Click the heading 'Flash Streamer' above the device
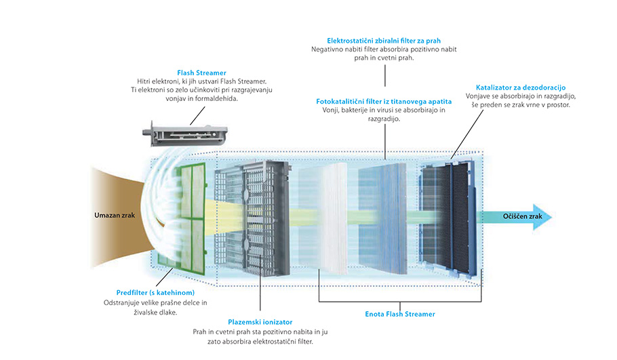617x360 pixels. click(201, 73)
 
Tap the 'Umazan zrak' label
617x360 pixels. click(115, 216)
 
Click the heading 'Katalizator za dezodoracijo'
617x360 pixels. click(521, 87)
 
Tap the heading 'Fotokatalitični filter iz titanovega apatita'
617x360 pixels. click(384, 101)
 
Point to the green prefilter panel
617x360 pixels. click(184, 217)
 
